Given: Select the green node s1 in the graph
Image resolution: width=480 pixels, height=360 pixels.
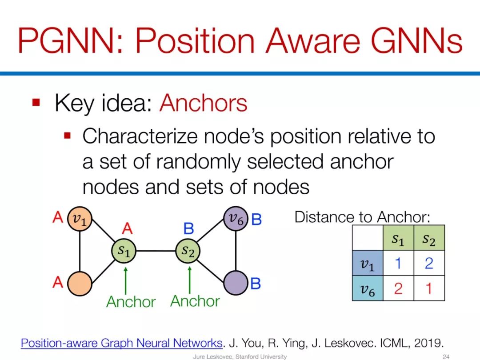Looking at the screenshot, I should [124, 251].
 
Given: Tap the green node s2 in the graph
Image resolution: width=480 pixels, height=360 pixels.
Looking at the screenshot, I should [188, 251].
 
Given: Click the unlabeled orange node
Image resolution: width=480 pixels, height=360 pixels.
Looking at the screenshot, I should [80, 283].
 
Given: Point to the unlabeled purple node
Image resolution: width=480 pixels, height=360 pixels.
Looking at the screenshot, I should [236, 283].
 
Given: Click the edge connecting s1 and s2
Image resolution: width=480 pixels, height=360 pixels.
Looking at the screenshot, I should [156, 251].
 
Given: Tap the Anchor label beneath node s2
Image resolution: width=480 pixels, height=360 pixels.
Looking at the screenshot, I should [195, 301].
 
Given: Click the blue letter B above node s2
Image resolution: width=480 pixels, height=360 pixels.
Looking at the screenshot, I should [188, 229].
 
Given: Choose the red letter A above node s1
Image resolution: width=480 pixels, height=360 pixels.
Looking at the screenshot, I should [127, 229].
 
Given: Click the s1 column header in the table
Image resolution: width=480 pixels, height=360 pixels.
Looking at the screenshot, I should [398, 239].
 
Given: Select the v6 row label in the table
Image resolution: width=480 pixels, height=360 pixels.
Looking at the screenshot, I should [367, 289].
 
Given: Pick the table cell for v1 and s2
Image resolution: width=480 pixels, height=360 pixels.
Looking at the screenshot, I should [429, 264].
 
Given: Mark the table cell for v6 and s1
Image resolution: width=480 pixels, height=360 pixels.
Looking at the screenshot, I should [398, 289].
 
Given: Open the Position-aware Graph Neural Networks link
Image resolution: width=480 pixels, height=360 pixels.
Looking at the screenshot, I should [121, 343].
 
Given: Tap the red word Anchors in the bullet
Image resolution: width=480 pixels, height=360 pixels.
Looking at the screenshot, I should [203, 104].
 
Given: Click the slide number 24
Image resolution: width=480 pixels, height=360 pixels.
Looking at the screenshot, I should [446, 356].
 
